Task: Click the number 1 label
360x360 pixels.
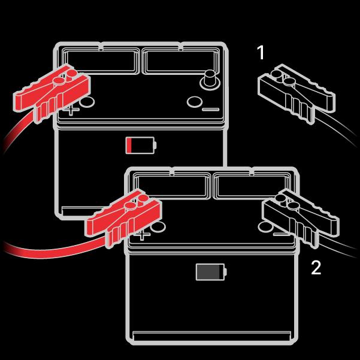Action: pos(261,52)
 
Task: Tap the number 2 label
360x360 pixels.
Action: pos(316,267)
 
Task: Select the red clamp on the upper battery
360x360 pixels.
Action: pos(52,93)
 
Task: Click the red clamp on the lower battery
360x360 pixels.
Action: pos(124,218)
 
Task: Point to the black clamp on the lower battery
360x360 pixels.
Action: pos(301,218)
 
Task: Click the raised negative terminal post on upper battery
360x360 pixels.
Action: pos(210,80)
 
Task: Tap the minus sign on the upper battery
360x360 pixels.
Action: pos(210,110)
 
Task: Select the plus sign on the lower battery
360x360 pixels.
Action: pos(143,235)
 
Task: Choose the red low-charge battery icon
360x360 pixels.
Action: pos(141,145)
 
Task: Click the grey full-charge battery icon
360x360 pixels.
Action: pos(211,272)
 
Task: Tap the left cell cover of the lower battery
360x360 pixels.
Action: pos(172,186)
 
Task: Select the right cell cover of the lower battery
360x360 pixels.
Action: pos(252,186)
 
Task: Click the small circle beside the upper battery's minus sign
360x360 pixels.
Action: pos(195,102)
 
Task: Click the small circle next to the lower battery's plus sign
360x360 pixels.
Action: pos(158,227)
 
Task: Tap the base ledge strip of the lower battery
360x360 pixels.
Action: pos(211,335)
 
